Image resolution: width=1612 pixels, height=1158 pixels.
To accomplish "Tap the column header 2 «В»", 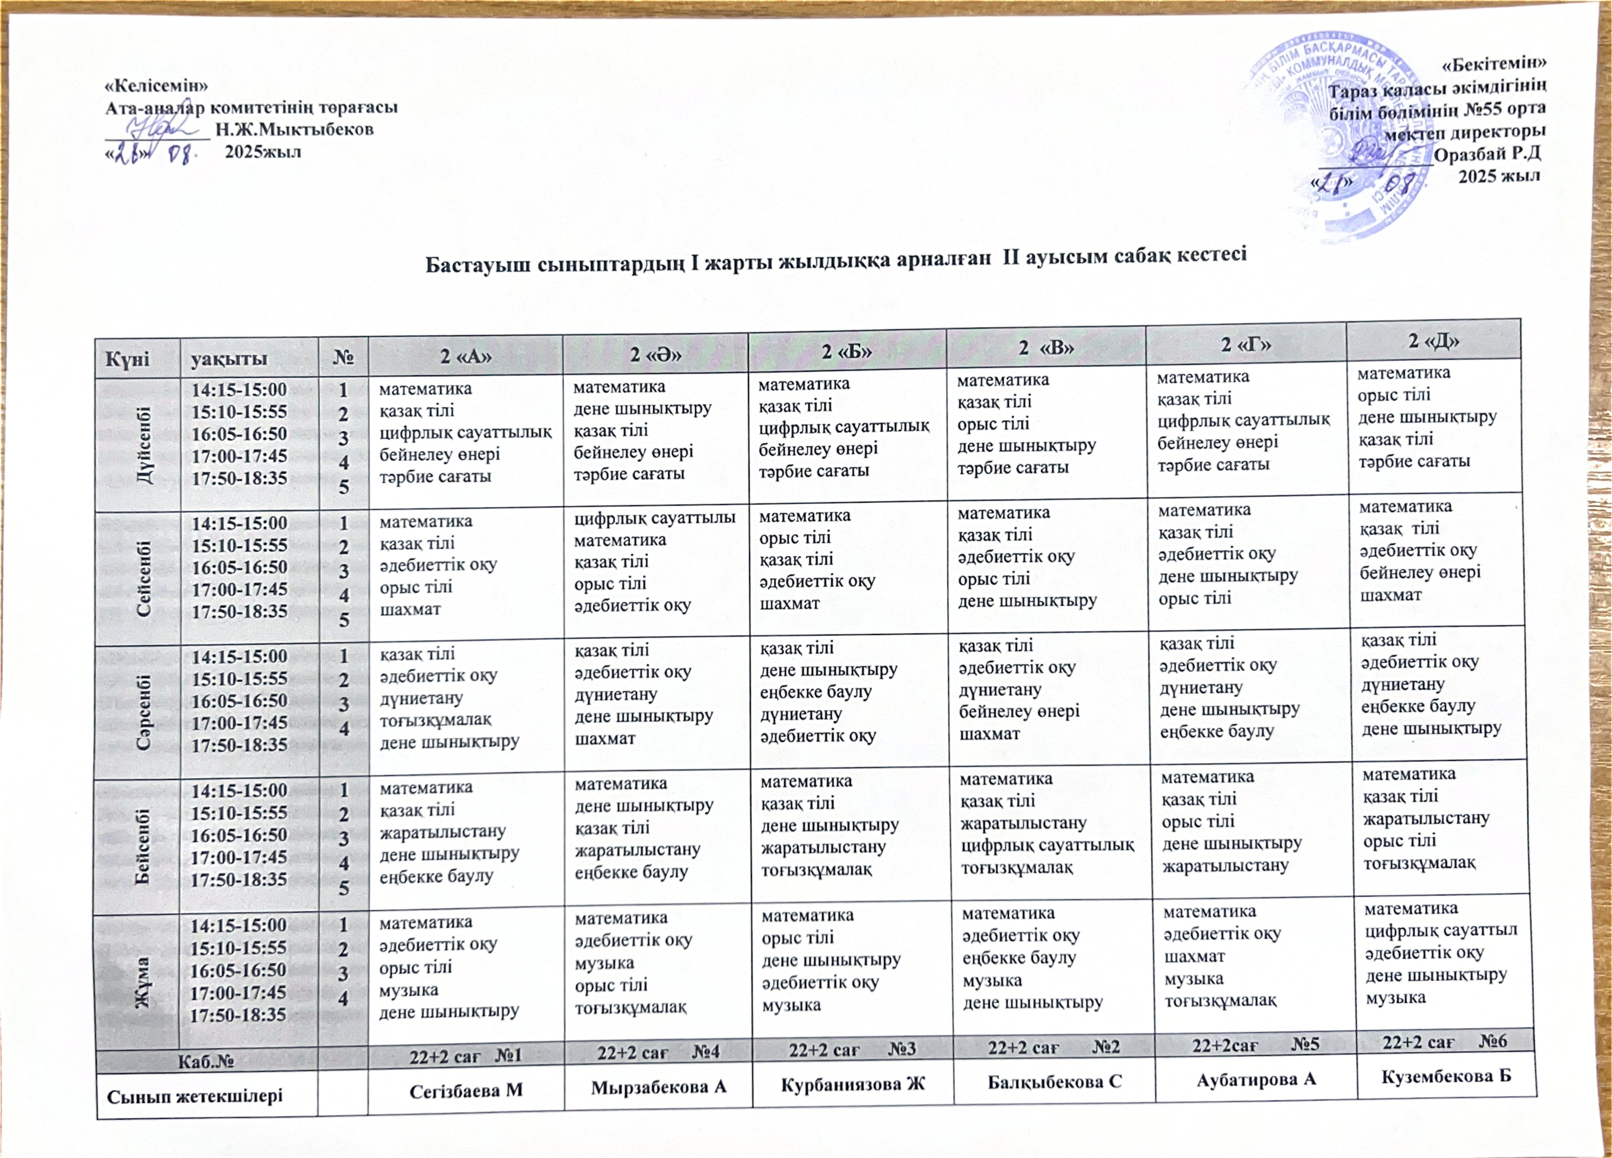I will pos(1045,348).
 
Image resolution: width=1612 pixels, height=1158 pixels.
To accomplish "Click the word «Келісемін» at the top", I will pos(156,85).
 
